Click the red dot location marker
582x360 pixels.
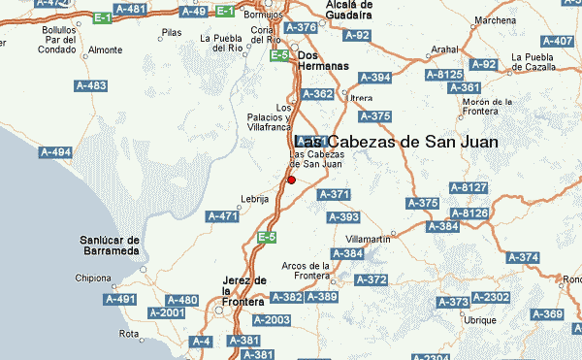[x=291, y=180]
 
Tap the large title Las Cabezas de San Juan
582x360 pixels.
[x=396, y=142]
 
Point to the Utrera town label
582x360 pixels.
[x=360, y=99]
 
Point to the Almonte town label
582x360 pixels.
[x=105, y=49]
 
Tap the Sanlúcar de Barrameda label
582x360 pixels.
[x=110, y=245]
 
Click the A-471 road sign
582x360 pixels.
[x=222, y=216]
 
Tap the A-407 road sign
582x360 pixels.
[x=558, y=41]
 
